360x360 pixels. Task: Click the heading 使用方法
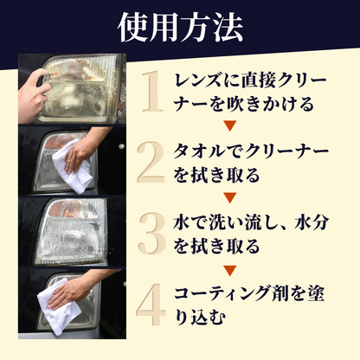[x=180, y=26]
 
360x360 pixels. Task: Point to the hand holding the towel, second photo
[x=83, y=153]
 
